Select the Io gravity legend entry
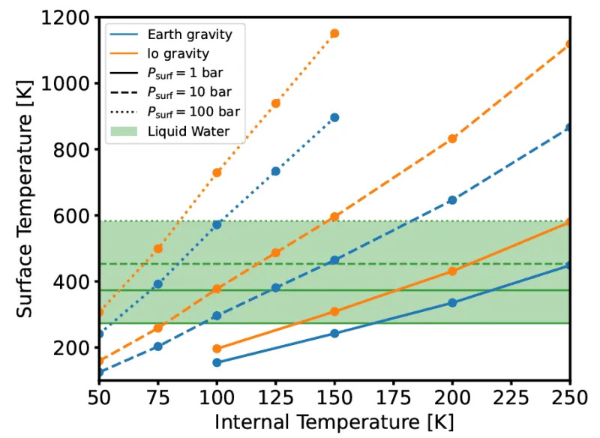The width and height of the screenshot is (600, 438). click(x=173, y=53)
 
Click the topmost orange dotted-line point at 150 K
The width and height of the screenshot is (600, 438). click(x=334, y=33)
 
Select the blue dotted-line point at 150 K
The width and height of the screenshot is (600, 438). click(x=334, y=118)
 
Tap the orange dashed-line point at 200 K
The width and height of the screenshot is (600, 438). click(x=452, y=139)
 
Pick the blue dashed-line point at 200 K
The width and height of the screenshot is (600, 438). click(x=452, y=200)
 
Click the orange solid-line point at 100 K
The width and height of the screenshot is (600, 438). click(x=217, y=349)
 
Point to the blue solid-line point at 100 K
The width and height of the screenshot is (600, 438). click(x=217, y=362)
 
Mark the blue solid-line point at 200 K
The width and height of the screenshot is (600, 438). click(x=452, y=302)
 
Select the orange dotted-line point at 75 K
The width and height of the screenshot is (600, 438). click(x=158, y=248)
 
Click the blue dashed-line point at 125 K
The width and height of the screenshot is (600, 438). click(x=275, y=287)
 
